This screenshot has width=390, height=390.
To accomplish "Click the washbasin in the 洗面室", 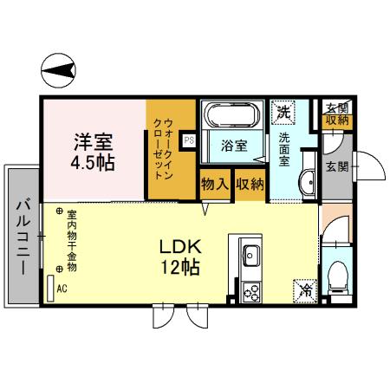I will coord(308,182).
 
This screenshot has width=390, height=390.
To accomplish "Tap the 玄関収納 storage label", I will coord(337,114).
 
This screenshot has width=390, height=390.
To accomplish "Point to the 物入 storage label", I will coord(214,184).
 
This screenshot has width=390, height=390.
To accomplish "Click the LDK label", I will coord(180,245).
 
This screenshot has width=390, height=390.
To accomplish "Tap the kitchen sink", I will coord(250,256).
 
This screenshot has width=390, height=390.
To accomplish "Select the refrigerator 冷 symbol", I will coord(304,289).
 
